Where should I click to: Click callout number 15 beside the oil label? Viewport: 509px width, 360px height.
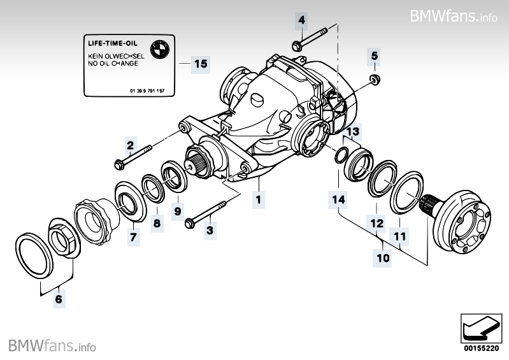point(200,64)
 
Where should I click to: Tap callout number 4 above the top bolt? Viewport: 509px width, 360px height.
point(301,21)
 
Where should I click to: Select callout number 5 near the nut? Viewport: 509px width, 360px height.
point(375,56)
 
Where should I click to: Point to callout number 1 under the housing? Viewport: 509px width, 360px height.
point(258,199)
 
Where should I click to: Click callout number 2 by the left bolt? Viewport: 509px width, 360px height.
point(130,145)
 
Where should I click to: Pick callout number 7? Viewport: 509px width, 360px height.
point(133,237)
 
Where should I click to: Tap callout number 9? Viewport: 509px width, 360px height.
point(177,210)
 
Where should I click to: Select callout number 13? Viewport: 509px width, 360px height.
point(354,131)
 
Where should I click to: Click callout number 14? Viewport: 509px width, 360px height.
point(338,199)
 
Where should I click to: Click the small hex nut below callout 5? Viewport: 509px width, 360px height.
point(375,79)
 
